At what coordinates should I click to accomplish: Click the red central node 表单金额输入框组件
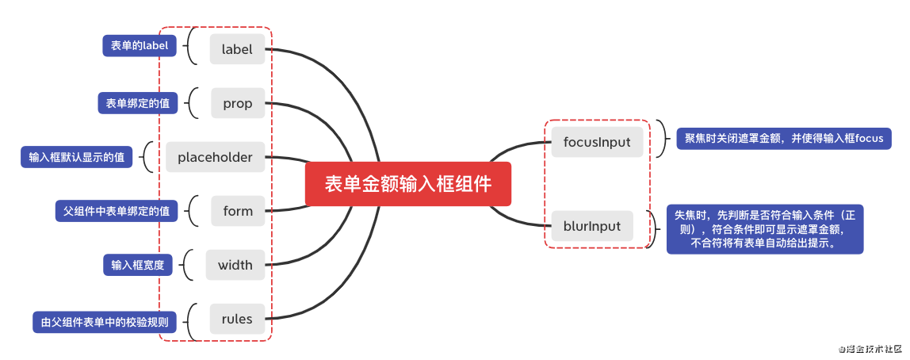[x=408, y=184]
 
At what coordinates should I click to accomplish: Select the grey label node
[x=237, y=49]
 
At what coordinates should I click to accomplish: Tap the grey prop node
[x=237, y=103]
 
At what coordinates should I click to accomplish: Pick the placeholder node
[x=215, y=157]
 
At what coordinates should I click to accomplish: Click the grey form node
[x=237, y=211]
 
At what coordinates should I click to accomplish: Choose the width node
[x=235, y=265]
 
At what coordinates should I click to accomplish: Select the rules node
[x=237, y=319]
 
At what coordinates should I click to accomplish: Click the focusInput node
[x=597, y=142]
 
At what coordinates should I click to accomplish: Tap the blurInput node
[x=592, y=226]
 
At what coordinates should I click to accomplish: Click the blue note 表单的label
[x=140, y=46]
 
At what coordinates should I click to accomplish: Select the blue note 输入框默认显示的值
[x=76, y=157]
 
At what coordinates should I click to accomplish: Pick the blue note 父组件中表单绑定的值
[x=117, y=211]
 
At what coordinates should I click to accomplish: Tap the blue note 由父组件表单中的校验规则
[x=105, y=322]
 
